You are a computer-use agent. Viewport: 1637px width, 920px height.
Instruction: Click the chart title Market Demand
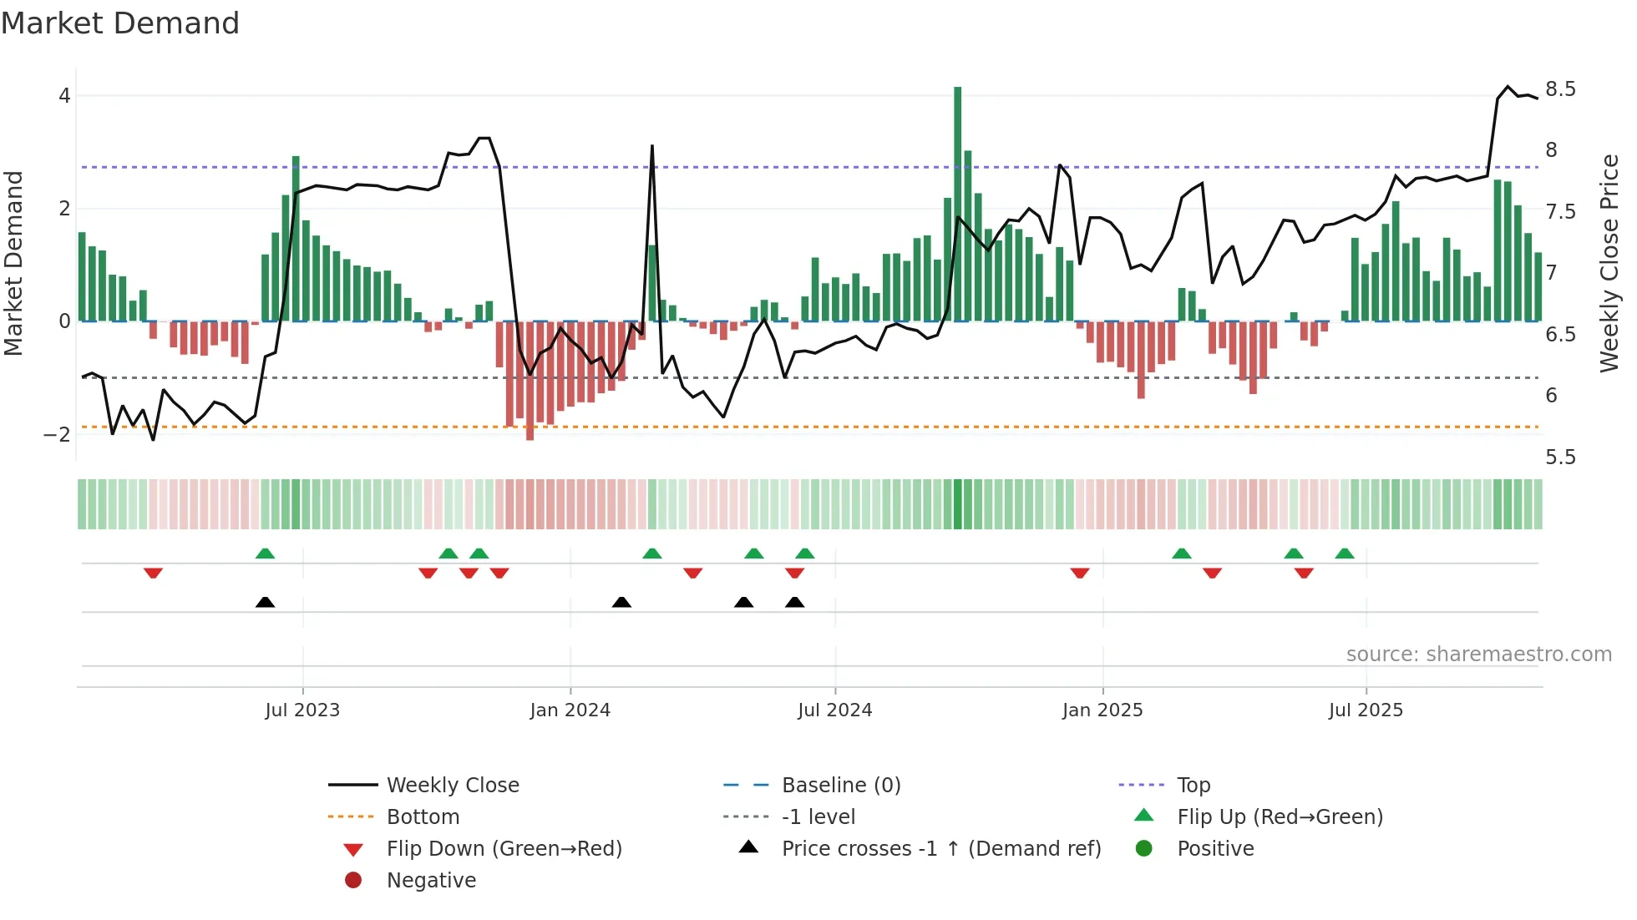[120, 23]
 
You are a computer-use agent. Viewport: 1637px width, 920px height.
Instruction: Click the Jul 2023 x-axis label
[302, 710]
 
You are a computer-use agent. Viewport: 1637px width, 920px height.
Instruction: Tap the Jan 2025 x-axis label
[1102, 710]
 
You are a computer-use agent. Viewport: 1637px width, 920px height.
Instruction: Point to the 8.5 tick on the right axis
[1560, 89]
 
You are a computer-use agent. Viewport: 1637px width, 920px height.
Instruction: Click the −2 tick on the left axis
[57, 434]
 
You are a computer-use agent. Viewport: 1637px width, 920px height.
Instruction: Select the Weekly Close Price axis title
[1609, 263]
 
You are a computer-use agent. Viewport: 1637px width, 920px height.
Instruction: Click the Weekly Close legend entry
[452, 785]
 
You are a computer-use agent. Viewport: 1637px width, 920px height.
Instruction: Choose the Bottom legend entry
[423, 816]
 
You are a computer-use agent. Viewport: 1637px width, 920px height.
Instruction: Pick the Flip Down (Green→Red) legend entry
[504, 848]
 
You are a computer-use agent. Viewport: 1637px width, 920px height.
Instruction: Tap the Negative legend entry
[431, 880]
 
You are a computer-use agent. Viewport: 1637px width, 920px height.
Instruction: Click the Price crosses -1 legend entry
[940, 848]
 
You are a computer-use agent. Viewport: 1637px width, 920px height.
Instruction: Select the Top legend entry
[1193, 785]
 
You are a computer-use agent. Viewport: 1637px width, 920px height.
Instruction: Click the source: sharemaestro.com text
[1478, 654]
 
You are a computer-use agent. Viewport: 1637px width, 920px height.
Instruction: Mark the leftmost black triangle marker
[265, 602]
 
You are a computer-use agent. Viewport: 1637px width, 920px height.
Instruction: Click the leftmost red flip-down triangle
[153, 573]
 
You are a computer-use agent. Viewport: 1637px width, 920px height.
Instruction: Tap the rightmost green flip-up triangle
[1344, 554]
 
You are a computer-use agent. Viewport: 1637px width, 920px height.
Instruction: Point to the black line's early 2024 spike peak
[651, 147]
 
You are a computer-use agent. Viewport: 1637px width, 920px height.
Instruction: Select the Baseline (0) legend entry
[840, 785]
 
